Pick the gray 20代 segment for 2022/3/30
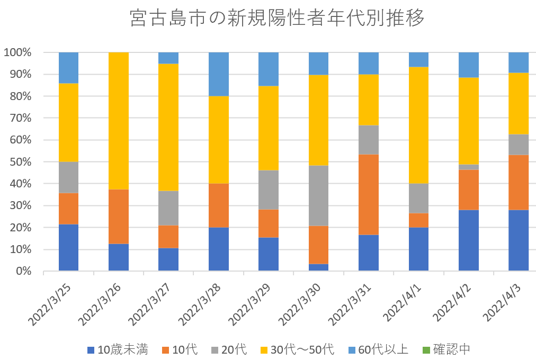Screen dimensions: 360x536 318,196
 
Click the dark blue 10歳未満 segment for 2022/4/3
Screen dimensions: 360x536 518,240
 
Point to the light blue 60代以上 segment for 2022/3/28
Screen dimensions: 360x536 218,74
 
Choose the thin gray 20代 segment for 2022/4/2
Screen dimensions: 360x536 468,167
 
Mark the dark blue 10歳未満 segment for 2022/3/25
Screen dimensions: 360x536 68,247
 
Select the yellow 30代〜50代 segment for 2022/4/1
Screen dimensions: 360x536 418,125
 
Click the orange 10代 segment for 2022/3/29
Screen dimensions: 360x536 269,223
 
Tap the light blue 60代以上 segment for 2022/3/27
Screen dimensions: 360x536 168,58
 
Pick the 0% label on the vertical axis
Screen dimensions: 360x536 22,271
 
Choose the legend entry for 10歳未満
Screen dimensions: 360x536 118,349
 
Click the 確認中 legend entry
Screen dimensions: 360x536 445,349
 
